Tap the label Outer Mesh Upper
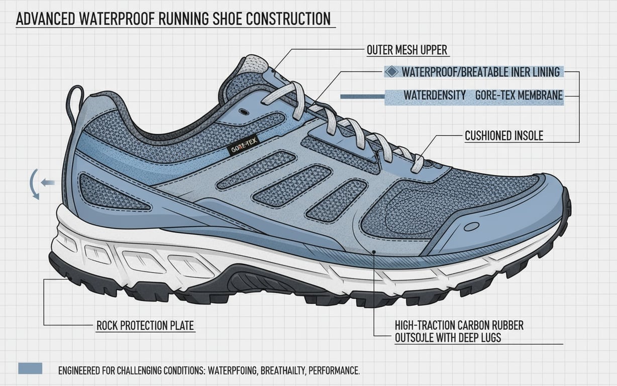click(407, 50)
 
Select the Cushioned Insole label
click(504, 136)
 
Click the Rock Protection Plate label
click(145, 326)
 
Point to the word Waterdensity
click(435, 95)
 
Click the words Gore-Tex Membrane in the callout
click(519, 95)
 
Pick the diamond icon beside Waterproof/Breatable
click(391, 72)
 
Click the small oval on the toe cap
click(471, 227)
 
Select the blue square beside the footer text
click(30, 368)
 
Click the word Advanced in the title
click(45, 19)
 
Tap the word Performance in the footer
click(334, 371)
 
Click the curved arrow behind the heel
click(33, 184)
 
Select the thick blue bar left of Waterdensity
click(362, 96)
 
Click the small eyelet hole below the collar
click(244, 112)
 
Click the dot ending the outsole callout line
click(374, 252)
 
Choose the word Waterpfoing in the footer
click(233, 371)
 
